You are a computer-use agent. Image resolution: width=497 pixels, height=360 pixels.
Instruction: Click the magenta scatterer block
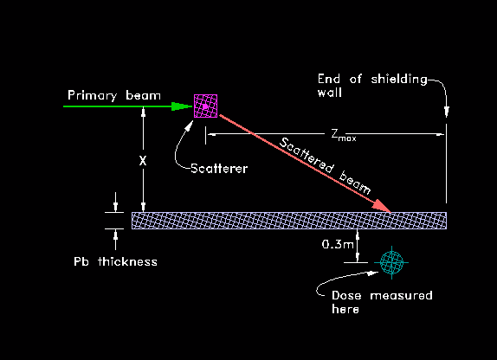pos(206,106)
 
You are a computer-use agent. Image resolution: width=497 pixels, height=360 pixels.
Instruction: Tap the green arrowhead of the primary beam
pos(182,106)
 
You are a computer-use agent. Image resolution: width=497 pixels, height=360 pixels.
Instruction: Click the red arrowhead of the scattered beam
pos(381,206)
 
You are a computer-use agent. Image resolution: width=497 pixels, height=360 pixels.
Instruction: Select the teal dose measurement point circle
pos(391,262)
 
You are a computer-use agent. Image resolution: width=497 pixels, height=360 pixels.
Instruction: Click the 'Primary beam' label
pos(114,95)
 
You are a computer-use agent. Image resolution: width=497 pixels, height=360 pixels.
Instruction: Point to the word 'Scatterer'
pos(219,168)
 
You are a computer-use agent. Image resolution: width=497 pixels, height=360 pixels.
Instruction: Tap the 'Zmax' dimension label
pos(344,134)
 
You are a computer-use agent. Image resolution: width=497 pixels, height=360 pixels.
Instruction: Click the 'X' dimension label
pos(143,161)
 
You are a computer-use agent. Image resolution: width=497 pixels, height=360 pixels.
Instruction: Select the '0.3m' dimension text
pos(338,244)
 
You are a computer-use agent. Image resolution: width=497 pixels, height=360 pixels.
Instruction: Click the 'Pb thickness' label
pos(115,261)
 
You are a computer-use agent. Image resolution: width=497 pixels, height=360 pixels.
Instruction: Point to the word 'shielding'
pos(399,80)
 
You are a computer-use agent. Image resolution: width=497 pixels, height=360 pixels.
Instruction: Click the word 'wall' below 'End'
pos(330,93)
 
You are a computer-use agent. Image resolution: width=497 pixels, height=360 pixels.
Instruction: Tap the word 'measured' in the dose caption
pos(401,295)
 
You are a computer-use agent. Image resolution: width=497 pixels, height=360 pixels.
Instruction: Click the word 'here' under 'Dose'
pos(345,309)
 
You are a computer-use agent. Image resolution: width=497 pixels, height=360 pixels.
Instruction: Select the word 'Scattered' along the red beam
pos(307,155)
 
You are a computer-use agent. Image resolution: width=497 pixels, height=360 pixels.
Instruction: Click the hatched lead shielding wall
pos(289,221)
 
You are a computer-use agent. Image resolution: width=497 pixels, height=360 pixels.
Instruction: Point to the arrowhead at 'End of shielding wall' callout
pos(447,112)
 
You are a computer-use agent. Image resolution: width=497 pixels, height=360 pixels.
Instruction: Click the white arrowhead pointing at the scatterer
pos(190,125)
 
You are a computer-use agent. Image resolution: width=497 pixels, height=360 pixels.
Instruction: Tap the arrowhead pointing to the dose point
pos(373,273)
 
